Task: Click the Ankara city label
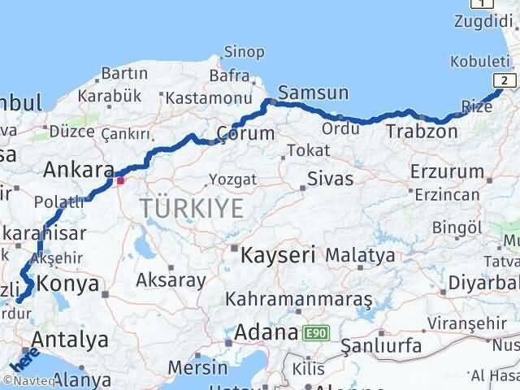click(x=78, y=170)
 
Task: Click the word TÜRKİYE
click(x=191, y=209)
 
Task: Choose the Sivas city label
click(x=329, y=180)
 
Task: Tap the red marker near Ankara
click(x=120, y=180)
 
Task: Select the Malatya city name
click(x=360, y=255)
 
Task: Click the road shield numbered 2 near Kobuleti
click(x=505, y=80)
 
